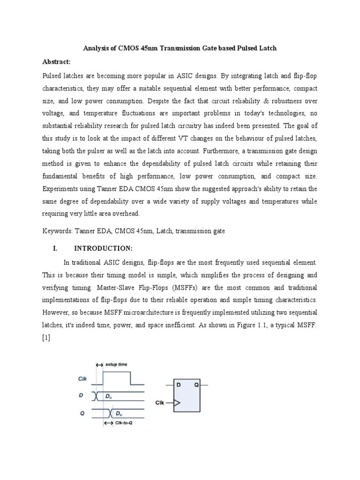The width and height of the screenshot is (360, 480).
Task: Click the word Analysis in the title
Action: [96, 48]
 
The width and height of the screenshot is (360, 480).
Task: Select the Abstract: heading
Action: [56, 62]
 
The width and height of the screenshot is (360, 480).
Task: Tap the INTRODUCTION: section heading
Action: [106, 248]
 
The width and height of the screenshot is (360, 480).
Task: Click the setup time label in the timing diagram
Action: [116, 364]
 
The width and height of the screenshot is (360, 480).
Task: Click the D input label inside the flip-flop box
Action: [179, 384]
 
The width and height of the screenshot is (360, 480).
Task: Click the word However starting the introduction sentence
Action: [56, 312]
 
